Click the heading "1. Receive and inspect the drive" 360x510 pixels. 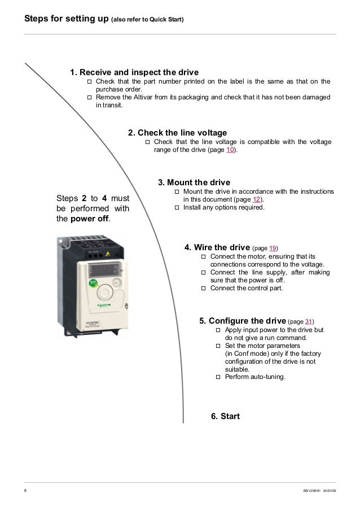coord(134,72)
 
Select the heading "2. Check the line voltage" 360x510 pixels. coord(177,133)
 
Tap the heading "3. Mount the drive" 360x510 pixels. coord(194,182)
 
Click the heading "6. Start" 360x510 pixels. coord(225,416)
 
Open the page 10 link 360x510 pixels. coord(231,151)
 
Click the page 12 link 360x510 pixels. coord(256,200)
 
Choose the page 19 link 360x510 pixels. coord(271,248)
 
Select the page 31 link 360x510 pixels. coord(309,321)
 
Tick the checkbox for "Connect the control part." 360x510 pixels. coord(204,288)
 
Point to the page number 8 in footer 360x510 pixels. coord(25,491)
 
